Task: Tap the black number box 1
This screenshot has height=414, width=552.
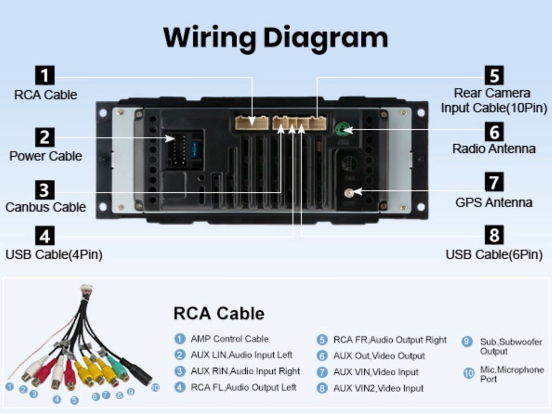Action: [45, 75]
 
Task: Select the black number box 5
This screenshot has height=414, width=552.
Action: [494, 75]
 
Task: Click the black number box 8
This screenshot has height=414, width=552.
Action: [494, 235]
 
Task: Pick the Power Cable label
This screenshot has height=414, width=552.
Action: [45, 156]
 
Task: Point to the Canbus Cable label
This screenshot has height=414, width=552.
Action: [45, 207]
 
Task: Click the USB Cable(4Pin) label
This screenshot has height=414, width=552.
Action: [54, 254]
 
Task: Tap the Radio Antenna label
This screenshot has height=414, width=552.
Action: [494, 149]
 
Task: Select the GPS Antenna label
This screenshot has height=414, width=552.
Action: [494, 202]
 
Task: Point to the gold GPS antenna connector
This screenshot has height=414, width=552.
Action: [349, 193]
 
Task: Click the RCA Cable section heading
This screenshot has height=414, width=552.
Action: [219, 313]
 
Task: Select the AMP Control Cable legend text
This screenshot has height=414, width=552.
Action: [229, 339]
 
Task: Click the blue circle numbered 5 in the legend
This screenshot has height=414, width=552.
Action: [322, 340]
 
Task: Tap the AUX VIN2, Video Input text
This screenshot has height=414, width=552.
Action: [378, 388]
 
